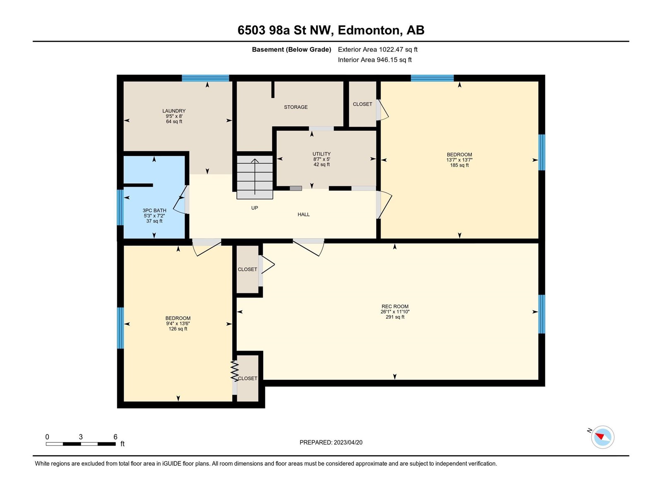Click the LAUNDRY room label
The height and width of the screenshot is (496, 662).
(x=174, y=111)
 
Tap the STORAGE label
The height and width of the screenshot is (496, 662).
(x=295, y=107)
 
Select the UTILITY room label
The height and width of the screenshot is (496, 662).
(x=321, y=154)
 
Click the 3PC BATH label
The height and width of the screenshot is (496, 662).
(x=154, y=210)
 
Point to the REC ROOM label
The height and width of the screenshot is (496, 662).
(x=395, y=307)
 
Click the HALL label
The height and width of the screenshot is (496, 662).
(x=303, y=215)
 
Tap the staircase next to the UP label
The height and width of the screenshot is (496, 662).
(x=255, y=177)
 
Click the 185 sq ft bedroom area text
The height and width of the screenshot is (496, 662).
(x=459, y=165)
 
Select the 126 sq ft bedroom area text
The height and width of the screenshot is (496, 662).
(x=178, y=329)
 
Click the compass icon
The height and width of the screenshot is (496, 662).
(x=602, y=437)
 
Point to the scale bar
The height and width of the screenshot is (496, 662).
(x=81, y=444)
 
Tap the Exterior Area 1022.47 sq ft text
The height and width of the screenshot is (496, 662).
(x=378, y=49)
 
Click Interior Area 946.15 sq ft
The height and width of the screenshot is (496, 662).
(x=374, y=60)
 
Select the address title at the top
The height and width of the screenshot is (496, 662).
(x=331, y=30)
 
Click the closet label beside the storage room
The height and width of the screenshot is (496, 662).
(x=362, y=104)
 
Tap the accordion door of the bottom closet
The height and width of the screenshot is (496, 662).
(x=234, y=371)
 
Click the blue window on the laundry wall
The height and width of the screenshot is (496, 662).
(x=205, y=78)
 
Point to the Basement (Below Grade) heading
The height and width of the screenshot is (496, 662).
(x=291, y=49)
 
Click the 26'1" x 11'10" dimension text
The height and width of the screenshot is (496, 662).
(x=395, y=312)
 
